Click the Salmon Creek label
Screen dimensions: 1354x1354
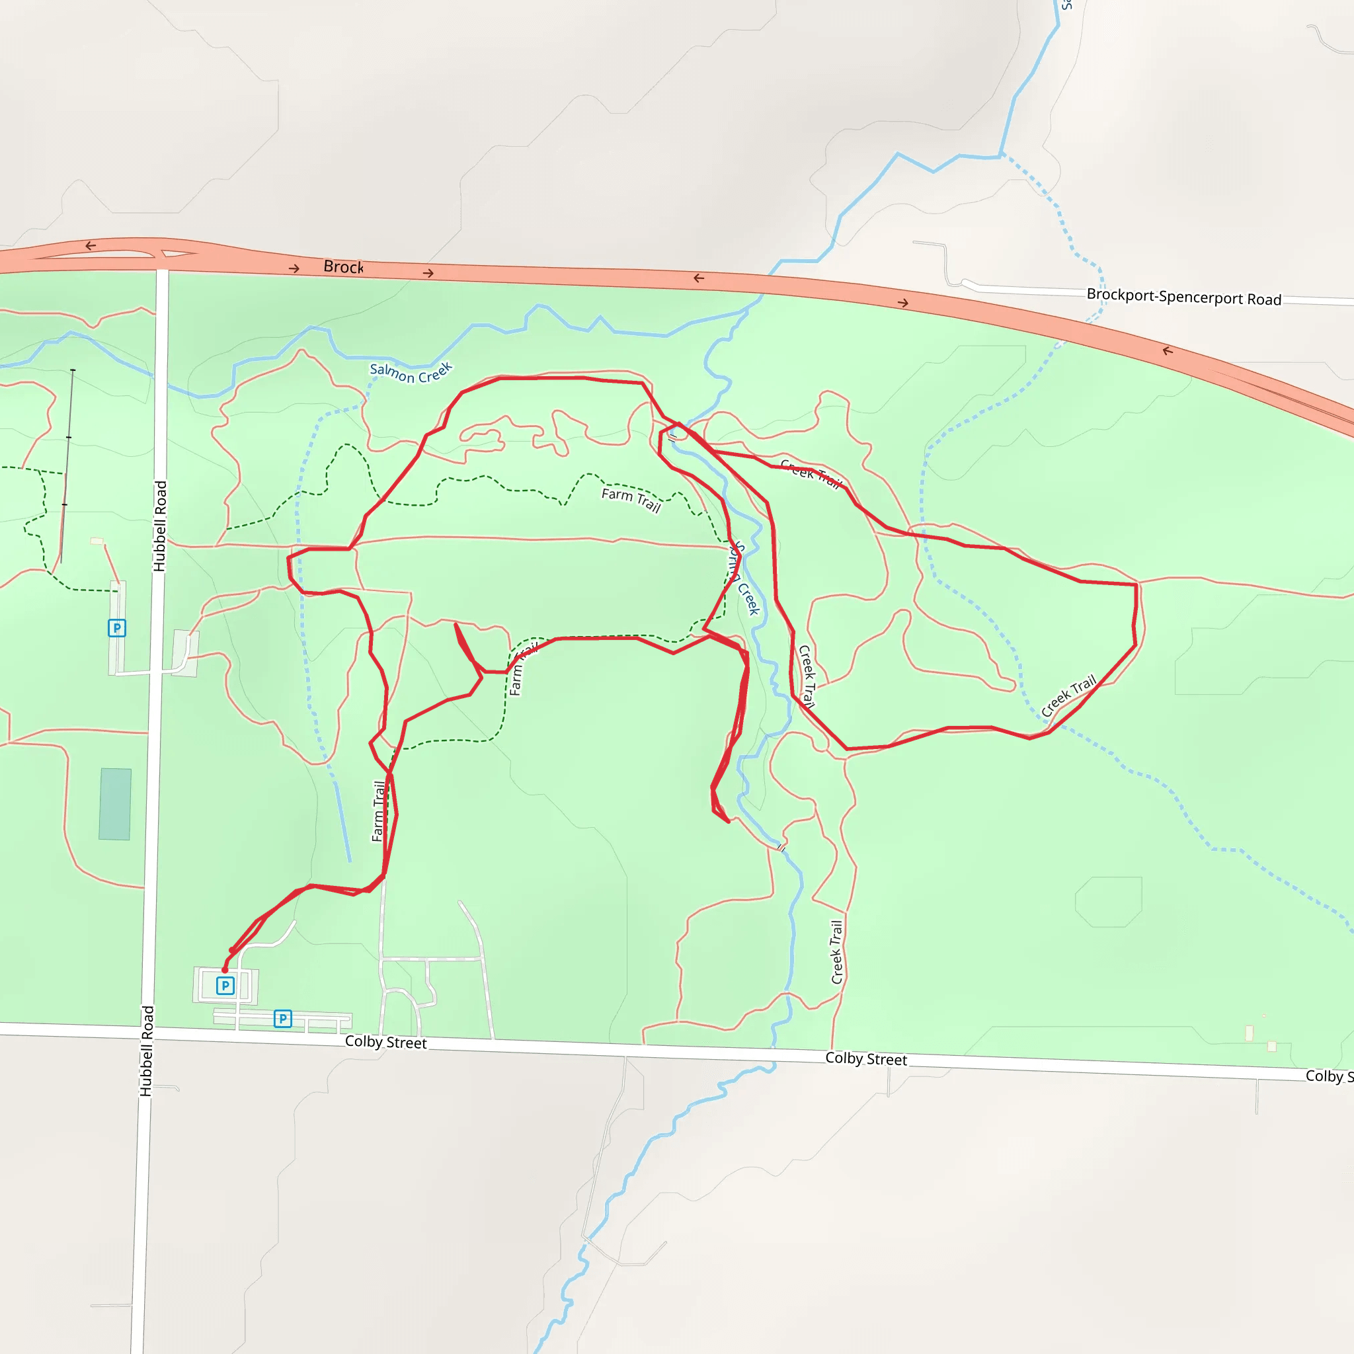[x=411, y=373]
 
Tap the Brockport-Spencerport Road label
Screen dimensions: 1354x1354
[x=1183, y=297]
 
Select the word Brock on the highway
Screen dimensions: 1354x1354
[x=342, y=267]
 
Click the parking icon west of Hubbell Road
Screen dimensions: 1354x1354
[x=117, y=628]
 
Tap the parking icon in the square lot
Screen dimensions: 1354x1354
[x=225, y=986]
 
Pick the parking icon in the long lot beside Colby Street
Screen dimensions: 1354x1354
[x=282, y=1018]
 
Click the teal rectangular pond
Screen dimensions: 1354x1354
[x=115, y=804]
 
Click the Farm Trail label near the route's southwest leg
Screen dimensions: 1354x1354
[x=378, y=811]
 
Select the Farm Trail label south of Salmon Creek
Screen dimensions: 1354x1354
[x=631, y=500]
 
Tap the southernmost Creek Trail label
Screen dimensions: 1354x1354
[x=837, y=952]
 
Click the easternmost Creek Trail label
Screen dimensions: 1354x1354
[x=1068, y=696]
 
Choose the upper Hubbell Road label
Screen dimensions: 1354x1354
[x=161, y=526]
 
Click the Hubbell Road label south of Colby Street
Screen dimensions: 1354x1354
[x=147, y=1051]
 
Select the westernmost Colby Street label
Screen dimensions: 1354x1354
[x=385, y=1042]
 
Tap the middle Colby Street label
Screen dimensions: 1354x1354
[x=865, y=1059]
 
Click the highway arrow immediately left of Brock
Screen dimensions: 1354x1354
[x=294, y=268]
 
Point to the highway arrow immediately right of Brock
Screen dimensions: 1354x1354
[x=428, y=272]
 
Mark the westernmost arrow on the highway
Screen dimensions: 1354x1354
[x=91, y=245]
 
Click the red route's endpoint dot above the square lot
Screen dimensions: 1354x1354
[x=225, y=970]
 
